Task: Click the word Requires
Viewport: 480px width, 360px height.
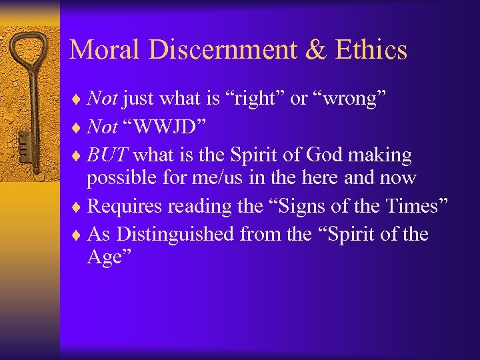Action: tap(125, 207)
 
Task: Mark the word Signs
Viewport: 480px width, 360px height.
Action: tap(296, 207)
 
